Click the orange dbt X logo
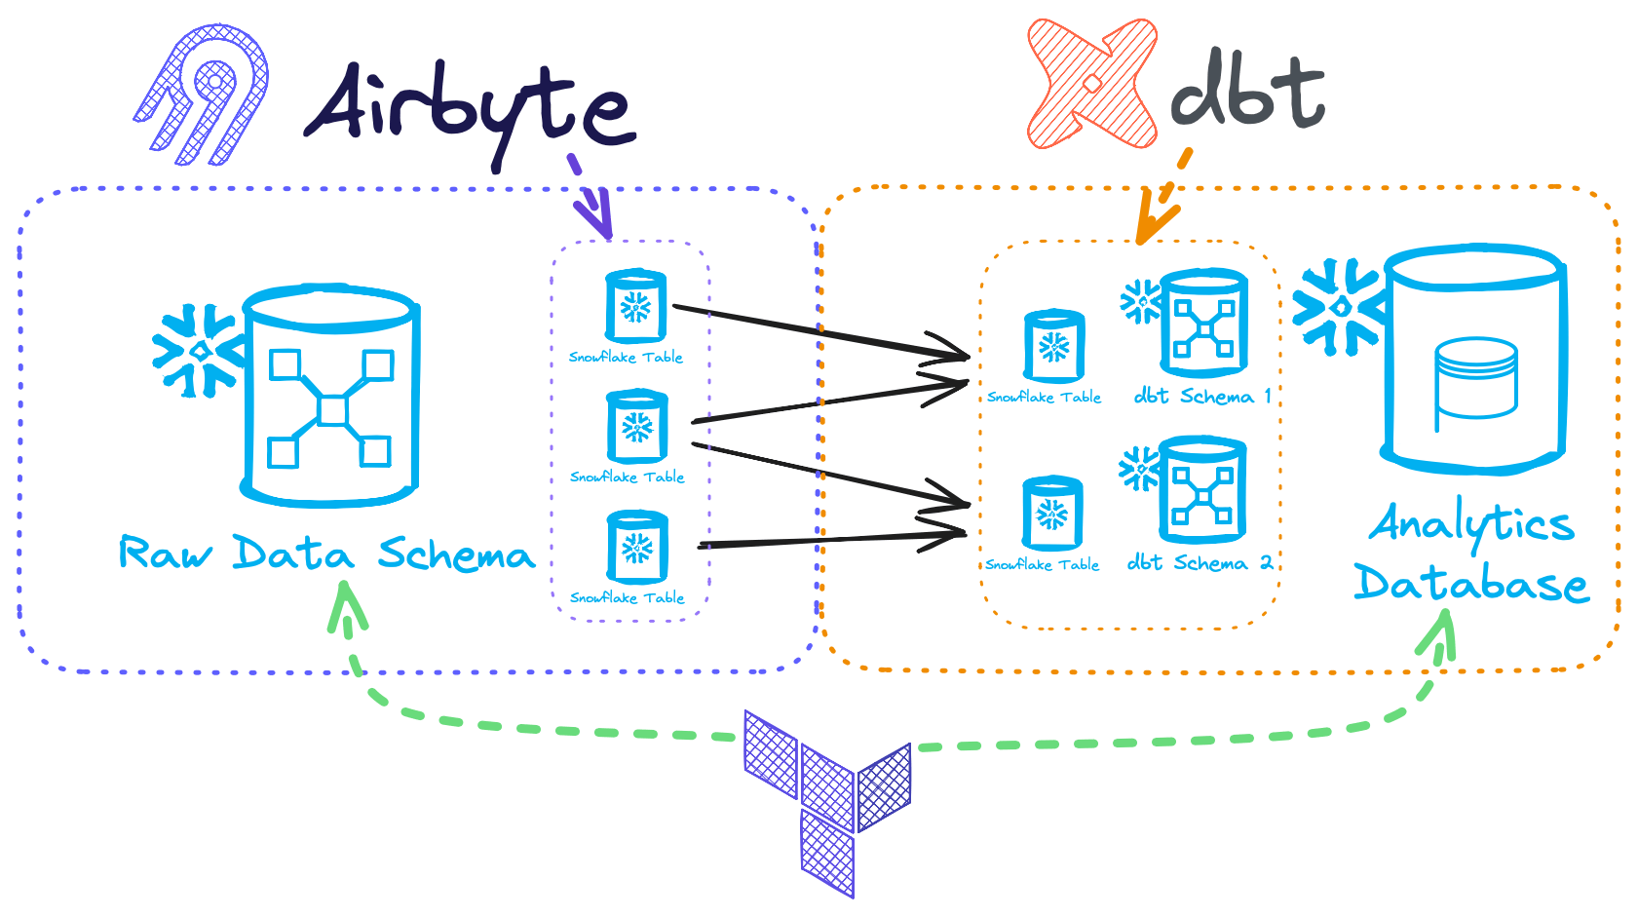(x=1092, y=84)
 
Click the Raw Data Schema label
(x=326, y=554)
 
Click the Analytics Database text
(x=1471, y=554)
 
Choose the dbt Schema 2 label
(x=1200, y=563)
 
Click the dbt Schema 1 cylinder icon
(x=1204, y=323)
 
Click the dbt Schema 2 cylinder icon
(x=1202, y=490)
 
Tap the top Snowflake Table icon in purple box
(x=636, y=306)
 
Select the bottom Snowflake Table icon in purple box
(x=637, y=547)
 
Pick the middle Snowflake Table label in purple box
(x=628, y=477)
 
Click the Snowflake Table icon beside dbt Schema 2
(x=1052, y=513)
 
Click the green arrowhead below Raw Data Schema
(x=345, y=604)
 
